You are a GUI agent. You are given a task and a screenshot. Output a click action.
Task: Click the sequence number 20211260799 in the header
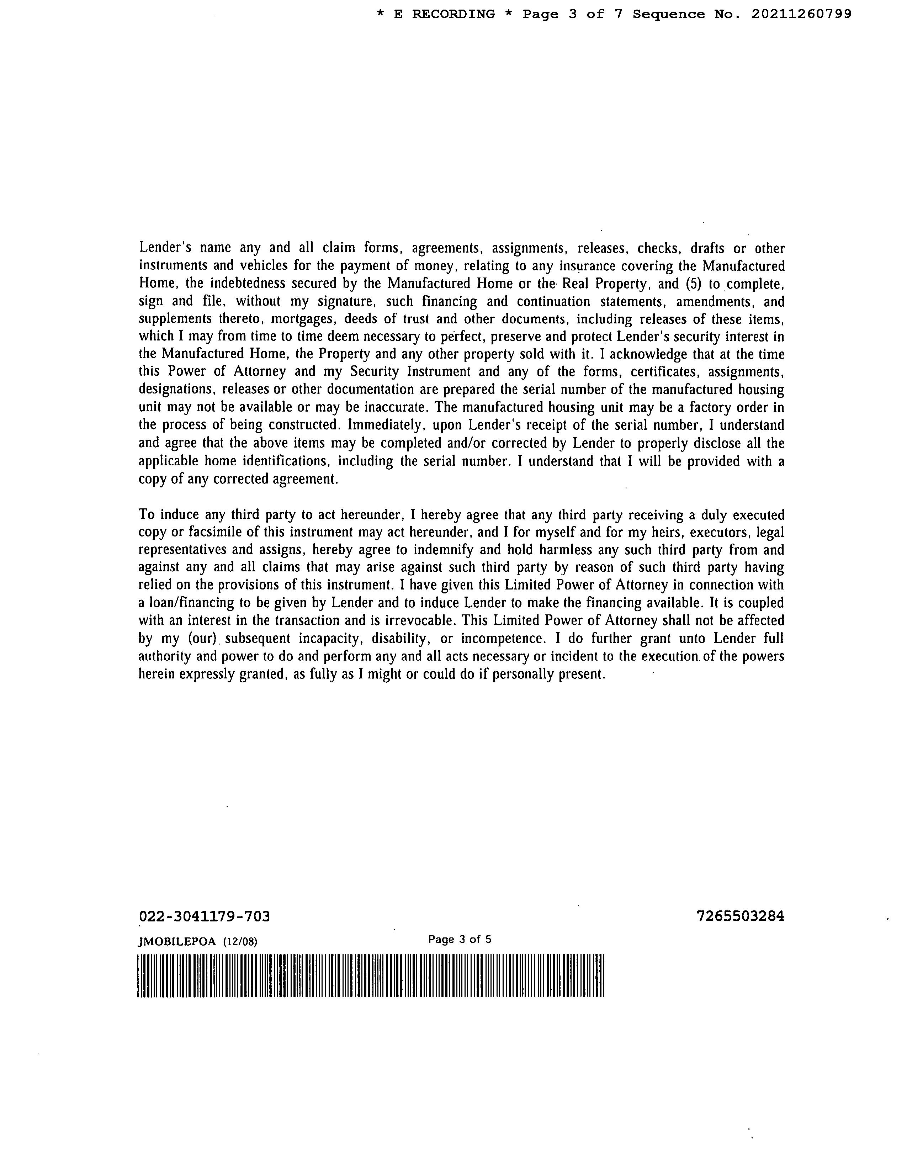tap(801, 15)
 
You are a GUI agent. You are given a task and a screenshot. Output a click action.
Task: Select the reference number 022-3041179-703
tap(204, 916)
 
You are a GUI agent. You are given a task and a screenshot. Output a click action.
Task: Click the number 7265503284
tap(740, 916)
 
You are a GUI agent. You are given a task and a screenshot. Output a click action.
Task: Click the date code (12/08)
tap(239, 941)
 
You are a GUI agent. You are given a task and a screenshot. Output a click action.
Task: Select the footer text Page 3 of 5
tap(460, 940)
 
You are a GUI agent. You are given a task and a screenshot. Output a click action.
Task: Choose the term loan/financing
tap(191, 603)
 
